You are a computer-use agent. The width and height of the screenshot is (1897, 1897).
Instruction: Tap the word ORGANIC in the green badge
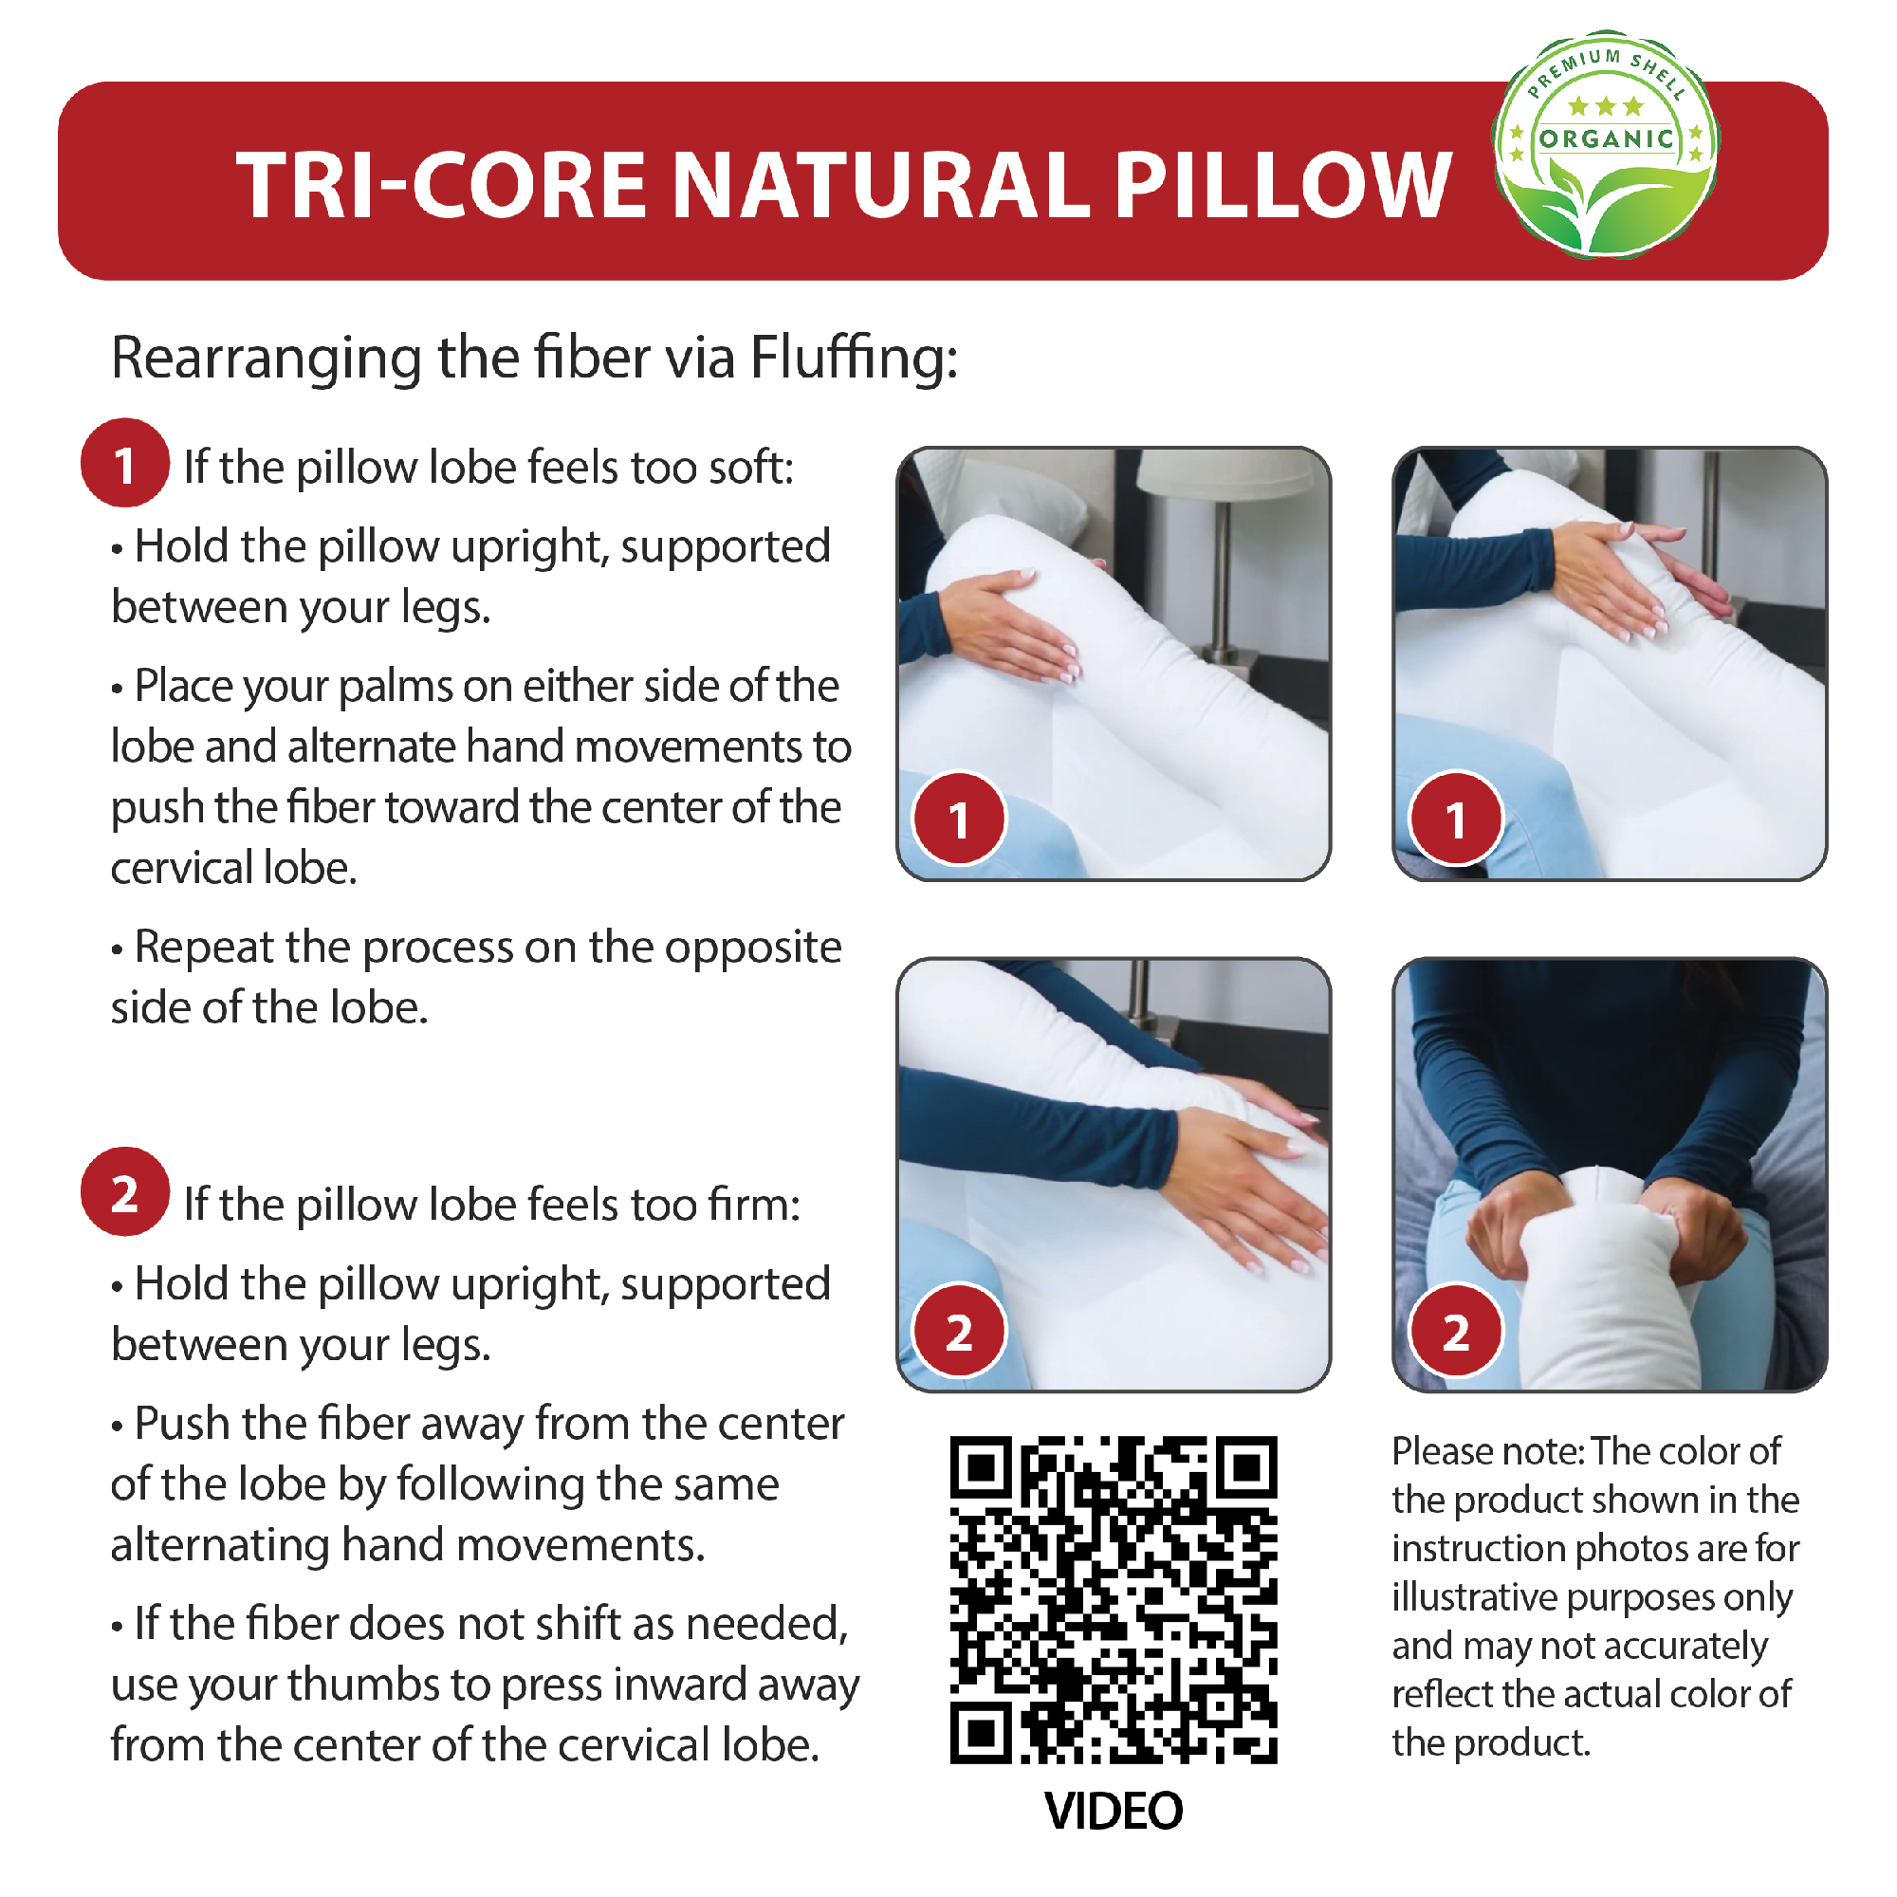(1607, 138)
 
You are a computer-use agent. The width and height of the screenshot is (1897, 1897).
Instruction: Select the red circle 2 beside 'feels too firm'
(124, 1192)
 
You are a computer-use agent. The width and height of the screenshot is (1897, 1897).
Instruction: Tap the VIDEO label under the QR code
(1114, 1811)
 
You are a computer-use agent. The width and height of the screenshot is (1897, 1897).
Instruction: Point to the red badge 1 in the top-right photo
(1455, 819)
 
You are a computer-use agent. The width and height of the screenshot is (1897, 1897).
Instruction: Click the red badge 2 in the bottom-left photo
(959, 1332)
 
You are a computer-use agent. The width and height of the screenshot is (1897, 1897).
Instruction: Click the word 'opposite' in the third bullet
(756, 948)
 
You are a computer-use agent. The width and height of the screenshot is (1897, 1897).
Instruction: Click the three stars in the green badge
(1606, 106)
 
